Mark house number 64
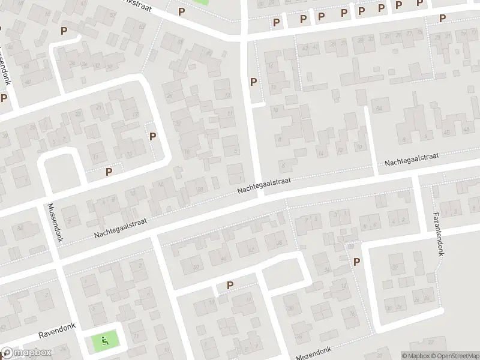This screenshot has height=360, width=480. [379, 108]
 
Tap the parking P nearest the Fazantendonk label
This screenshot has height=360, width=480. [357, 261]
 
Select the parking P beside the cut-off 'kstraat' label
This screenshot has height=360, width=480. [181, 11]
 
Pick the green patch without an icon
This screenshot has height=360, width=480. [200, 2]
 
